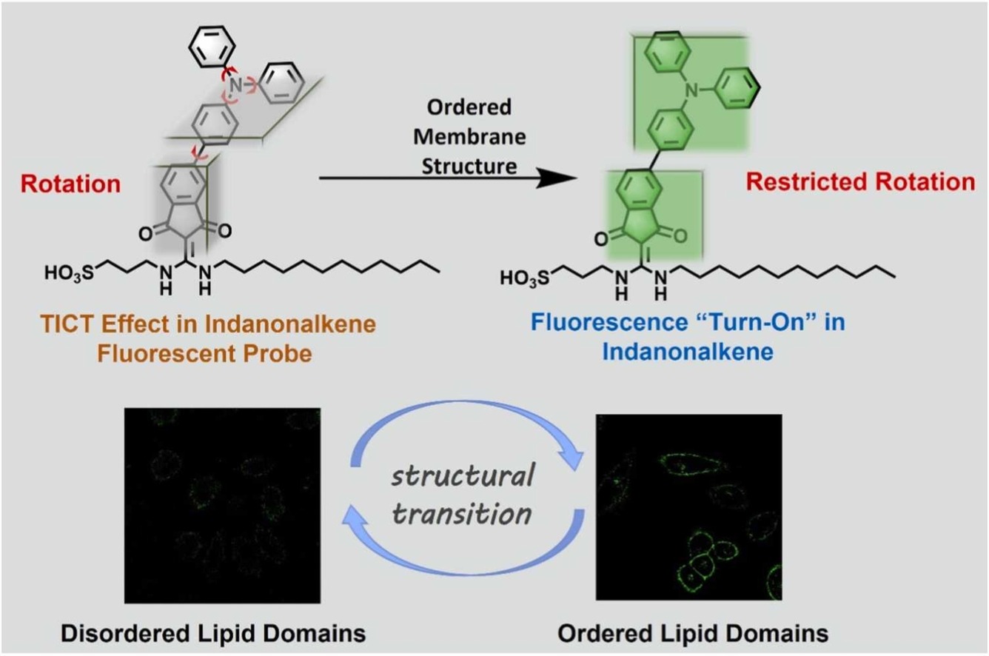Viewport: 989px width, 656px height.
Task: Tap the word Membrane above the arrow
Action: tap(469, 137)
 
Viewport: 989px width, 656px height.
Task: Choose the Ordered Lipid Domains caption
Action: tap(692, 634)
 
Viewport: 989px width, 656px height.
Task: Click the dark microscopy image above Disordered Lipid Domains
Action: tap(223, 504)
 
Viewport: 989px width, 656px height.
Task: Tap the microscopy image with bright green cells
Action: tap(689, 508)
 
